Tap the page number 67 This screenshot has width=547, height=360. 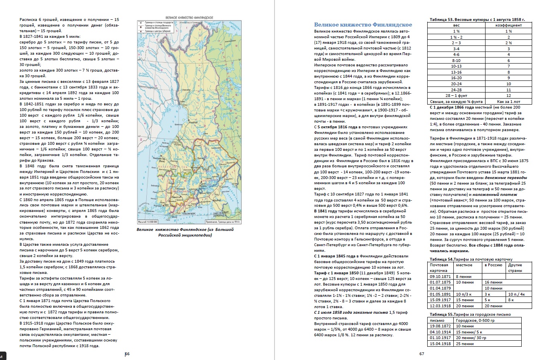[x=422, y=354]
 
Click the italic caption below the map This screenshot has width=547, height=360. [x=184, y=232]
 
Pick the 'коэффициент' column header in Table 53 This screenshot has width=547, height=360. [x=508, y=25]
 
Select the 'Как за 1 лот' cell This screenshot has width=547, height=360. [x=508, y=102]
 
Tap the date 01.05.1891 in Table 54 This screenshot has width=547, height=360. [x=439, y=294]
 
